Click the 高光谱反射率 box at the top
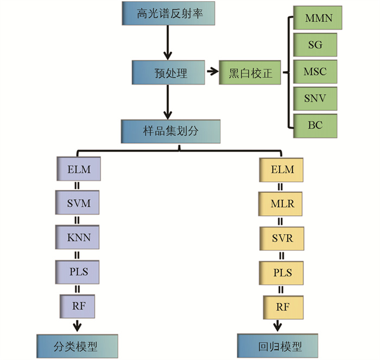168,13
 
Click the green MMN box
315,18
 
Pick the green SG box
315,45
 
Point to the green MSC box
315,72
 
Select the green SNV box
315,98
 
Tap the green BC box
315,125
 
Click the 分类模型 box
78,345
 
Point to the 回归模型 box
278,346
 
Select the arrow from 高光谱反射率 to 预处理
168,42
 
